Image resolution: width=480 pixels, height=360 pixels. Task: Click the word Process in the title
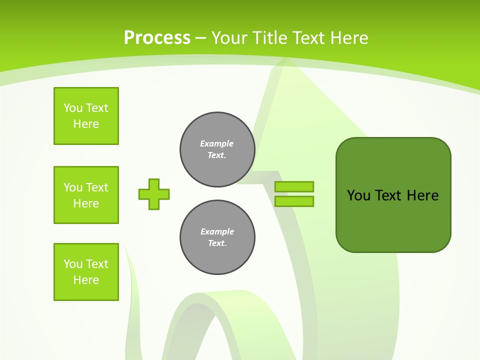(157, 38)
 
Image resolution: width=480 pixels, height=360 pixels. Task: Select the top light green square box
(86, 116)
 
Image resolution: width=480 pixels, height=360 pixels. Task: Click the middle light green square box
(86, 195)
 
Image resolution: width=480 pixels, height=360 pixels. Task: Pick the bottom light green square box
(86, 272)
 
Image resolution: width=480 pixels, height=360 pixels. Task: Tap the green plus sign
(154, 194)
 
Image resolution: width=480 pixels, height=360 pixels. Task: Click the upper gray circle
(217, 149)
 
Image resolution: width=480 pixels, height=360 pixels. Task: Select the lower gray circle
(217, 237)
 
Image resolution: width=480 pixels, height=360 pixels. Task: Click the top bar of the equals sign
(294, 186)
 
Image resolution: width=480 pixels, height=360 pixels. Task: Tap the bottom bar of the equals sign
(294, 201)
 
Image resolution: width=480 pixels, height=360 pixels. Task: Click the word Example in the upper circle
(216, 143)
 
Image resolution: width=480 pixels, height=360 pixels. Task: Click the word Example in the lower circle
(217, 231)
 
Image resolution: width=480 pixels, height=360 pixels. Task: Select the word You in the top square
(73, 108)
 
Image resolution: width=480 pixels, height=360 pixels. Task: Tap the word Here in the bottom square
(86, 280)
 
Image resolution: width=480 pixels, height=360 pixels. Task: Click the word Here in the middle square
(86, 203)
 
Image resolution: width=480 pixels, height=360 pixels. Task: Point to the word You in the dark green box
(358, 195)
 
